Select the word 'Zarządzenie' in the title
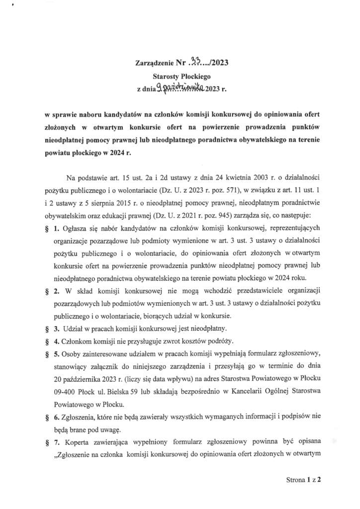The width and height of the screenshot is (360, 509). (x=154, y=63)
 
